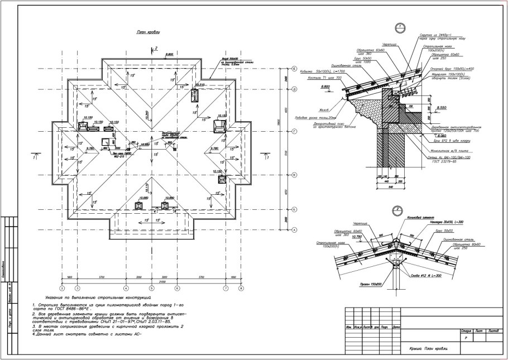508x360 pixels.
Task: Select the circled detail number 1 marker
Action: click(x=400, y=27)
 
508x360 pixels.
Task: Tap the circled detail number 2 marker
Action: click(x=396, y=210)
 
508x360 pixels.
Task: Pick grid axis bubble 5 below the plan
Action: click(x=151, y=289)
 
